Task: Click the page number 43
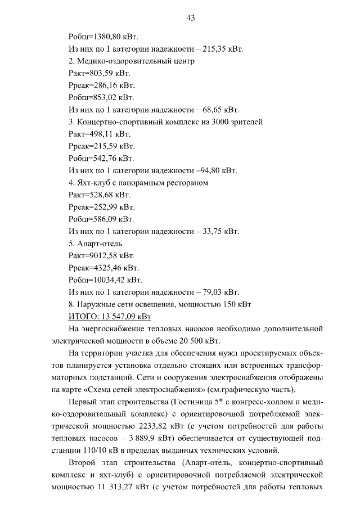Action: point(190,18)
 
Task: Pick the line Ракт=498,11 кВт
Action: point(99,134)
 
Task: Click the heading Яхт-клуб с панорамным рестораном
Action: point(144,183)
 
